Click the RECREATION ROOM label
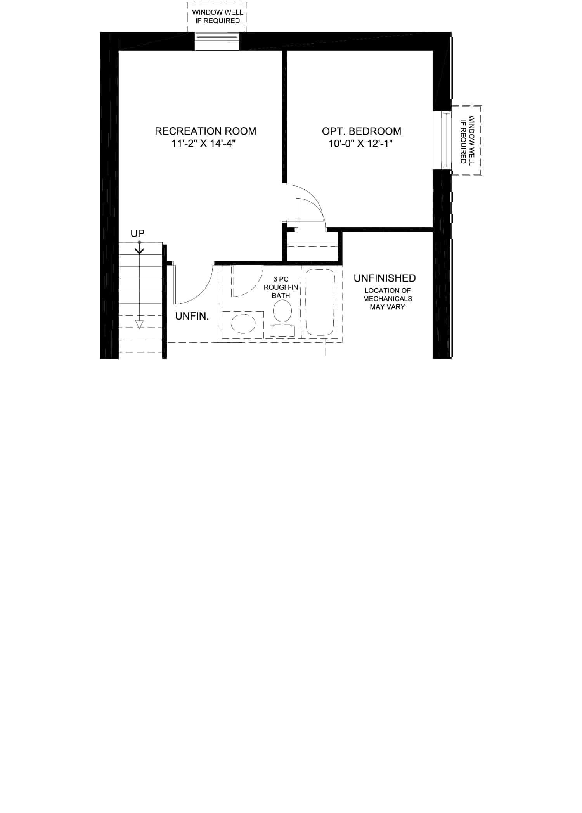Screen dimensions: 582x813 (x=205, y=131)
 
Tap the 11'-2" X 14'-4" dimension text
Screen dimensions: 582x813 (x=204, y=144)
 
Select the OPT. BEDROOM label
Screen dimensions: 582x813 (x=362, y=131)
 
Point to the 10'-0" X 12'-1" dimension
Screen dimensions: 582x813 (x=361, y=144)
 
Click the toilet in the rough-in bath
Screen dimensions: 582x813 (x=282, y=318)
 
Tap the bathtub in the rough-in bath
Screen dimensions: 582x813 (x=320, y=302)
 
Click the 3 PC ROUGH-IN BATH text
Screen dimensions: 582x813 (x=281, y=287)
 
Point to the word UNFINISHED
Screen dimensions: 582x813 (x=385, y=278)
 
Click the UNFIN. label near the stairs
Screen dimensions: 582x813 (x=192, y=316)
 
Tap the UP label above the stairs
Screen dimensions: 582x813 (x=137, y=234)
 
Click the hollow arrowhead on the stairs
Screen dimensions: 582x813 (x=139, y=325)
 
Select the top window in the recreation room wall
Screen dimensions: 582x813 (x=217, y=42)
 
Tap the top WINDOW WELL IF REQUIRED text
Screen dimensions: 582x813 (x=218, y=17)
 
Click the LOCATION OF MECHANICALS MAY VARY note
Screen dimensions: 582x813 (x=388, y=299)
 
